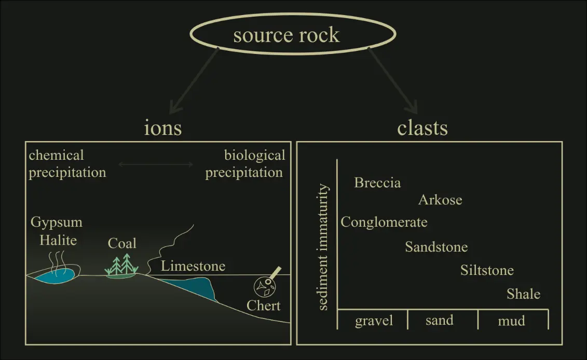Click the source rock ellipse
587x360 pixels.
(286, 34)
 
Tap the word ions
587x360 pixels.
(162, 128)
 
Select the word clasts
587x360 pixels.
(422, 128)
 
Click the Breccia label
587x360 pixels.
(377, 183)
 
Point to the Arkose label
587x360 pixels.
(440, 200)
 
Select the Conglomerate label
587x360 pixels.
(384, 223)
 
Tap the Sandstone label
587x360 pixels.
(436, 247)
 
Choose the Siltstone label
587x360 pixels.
(487, 270)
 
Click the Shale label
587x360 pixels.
(523, 294)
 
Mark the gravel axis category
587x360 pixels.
(374, 321)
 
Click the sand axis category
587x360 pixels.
(439, 320)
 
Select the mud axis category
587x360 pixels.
(511, 321)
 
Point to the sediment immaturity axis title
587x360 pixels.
(323, 247)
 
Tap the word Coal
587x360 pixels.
(122, 243)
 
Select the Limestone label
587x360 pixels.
(193, 267)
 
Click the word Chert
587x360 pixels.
(264, 305)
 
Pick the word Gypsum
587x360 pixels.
(56, 223)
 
